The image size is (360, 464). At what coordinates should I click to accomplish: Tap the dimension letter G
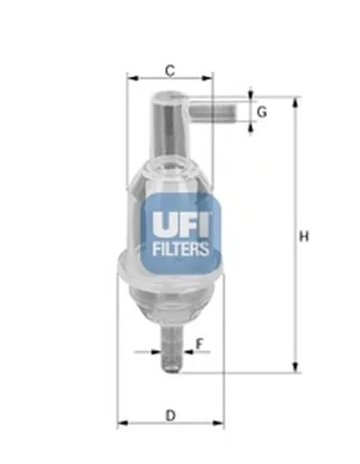(262, 112)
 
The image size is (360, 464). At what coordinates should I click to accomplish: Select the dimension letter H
(304, 236)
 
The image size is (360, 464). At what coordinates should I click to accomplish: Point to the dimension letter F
(200, 343)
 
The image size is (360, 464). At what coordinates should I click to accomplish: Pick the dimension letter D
(170, 415)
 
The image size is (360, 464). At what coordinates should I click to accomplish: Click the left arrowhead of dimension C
(131, 78)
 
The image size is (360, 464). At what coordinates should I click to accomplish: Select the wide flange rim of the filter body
(170, 270)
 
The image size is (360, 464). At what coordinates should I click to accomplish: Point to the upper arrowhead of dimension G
(250, 94)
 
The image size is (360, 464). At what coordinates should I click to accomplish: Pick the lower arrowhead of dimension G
(250, 127)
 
